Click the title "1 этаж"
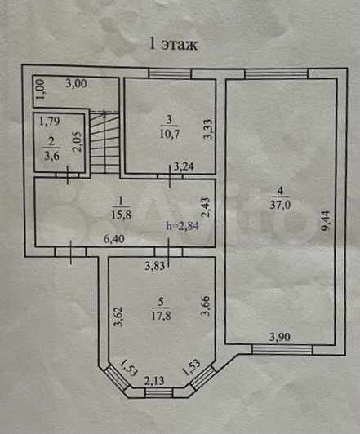click(173, 44)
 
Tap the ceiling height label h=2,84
click(182, 226)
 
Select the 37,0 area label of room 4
click(280, 205)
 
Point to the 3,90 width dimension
click(280, 337)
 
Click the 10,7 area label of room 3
click(169, 134)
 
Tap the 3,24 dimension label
click(184, 166)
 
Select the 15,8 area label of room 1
click(121, 215)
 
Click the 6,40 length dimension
click(113, 239)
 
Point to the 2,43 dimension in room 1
click(206, 207)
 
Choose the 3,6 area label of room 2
click(51, 156)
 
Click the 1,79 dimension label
click(50, 122)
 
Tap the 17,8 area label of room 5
click(161, 316)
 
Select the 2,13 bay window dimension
click(154, 381)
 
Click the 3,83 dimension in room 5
click(155, 266)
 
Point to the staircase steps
click(104, 142)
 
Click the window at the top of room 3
click(170, 73)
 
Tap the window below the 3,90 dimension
click(282, 350)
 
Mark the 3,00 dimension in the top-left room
click(76, 83)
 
